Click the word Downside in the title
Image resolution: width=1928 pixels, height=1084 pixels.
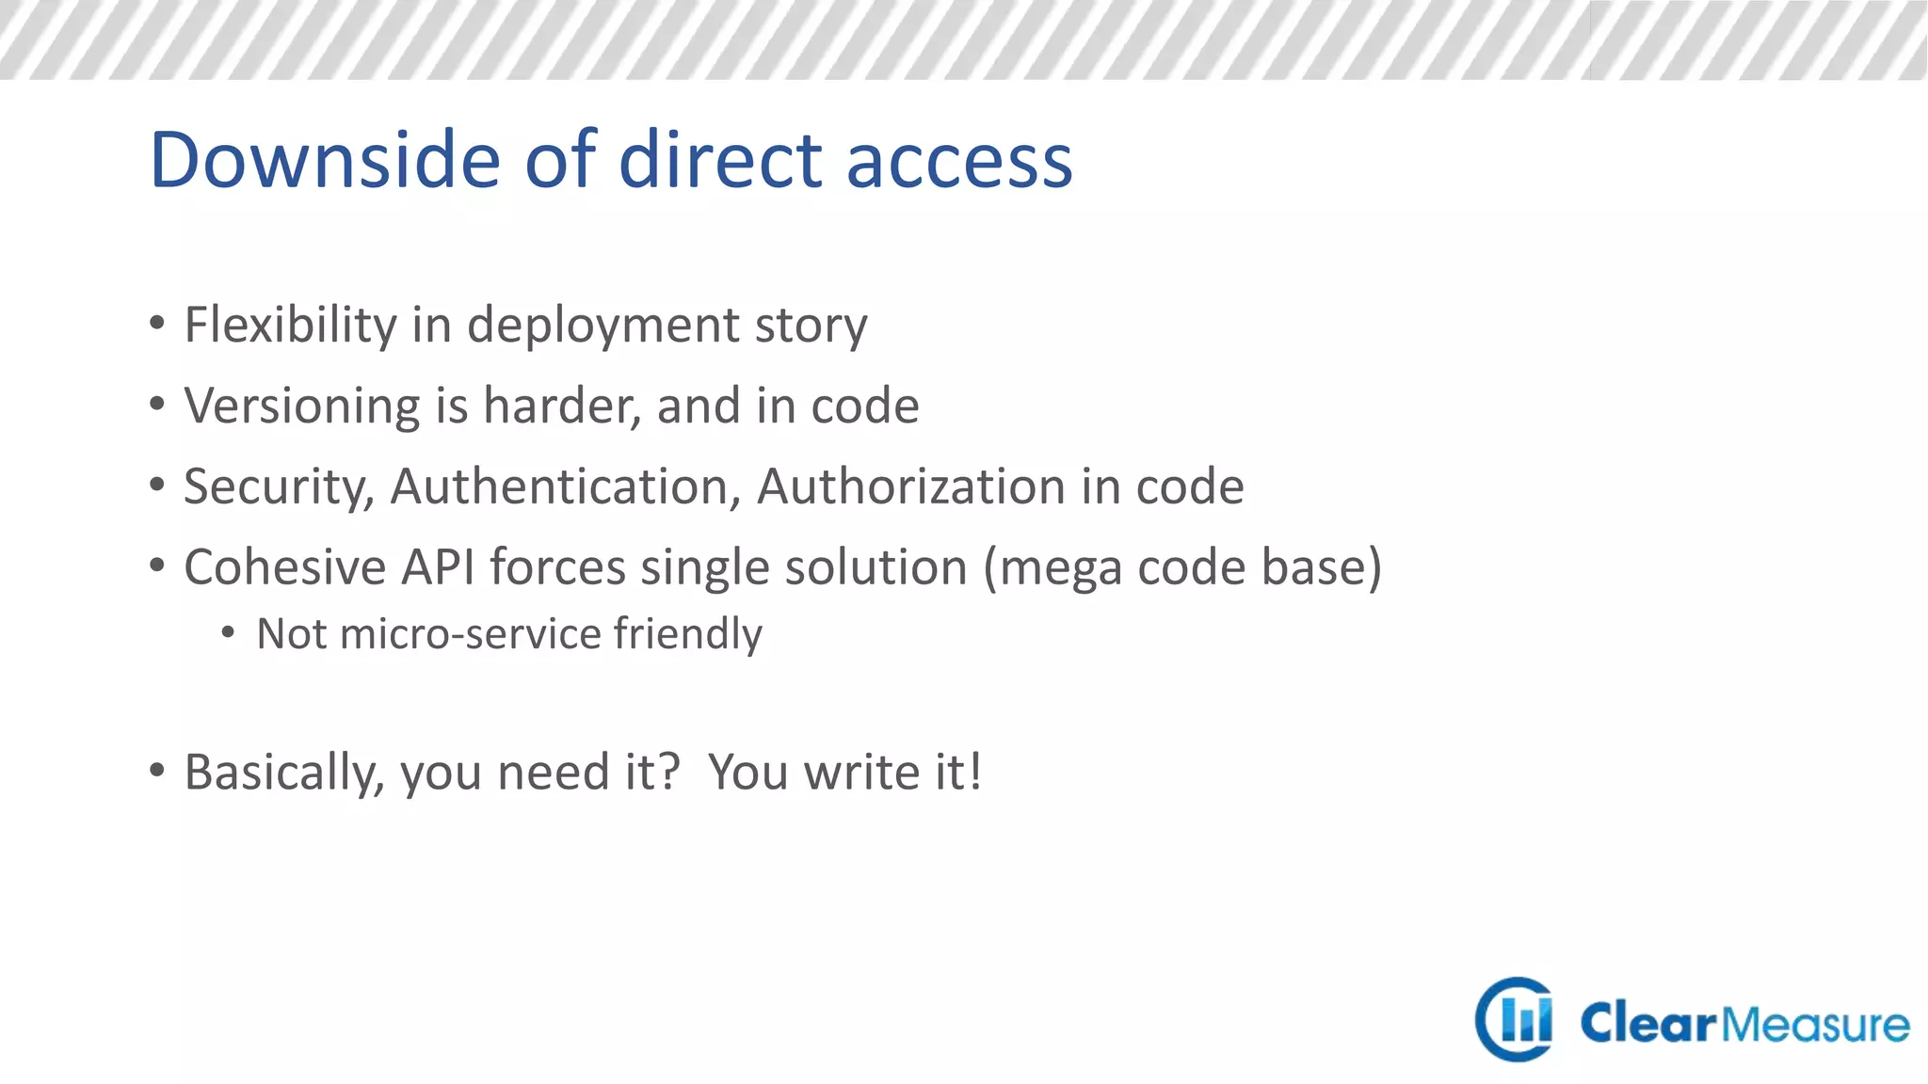[325, 160]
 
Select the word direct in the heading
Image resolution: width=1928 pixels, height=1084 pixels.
[720, 160]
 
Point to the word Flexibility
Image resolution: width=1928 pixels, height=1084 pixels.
[290, 325]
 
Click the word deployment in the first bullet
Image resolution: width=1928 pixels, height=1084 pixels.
[602, 327]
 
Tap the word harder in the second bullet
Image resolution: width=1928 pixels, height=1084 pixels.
[562, 406]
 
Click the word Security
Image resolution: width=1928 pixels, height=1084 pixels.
[279, 487]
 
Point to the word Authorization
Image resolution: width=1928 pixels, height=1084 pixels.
[910, 487]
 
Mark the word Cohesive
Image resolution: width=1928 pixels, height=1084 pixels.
[285, 567]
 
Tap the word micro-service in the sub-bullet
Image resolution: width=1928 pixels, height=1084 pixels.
[470, 634]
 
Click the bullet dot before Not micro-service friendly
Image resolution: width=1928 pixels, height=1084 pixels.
[228, 633]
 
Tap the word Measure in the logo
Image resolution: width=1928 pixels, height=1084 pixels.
[1815, 1024]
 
